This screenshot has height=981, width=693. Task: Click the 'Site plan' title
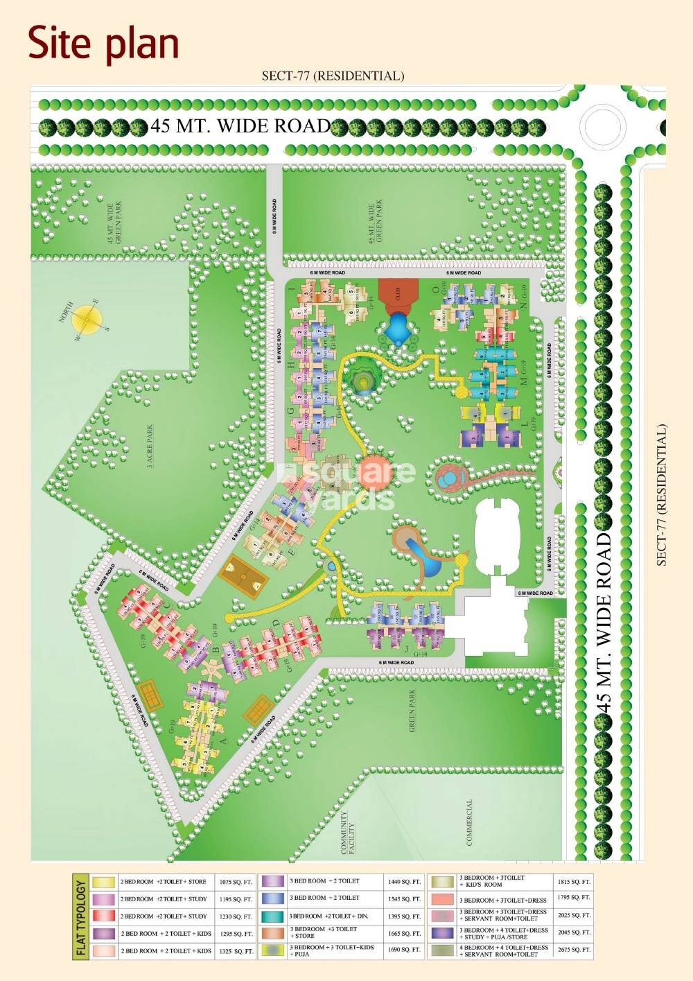tap(104, 43)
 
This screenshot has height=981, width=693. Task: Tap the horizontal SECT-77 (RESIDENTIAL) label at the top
tap(333, 76)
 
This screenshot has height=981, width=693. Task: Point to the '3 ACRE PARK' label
tap(150, 447)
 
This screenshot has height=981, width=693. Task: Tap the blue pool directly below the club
tap(398, 329)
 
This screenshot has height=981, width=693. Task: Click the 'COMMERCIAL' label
tap(469, 822)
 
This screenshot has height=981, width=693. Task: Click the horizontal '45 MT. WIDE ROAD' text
tap(240, 126)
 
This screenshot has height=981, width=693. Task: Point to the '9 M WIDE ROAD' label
tap(275, 216)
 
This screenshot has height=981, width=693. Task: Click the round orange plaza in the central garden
tap(375, 469)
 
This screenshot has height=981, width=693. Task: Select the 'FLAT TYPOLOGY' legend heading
tap(81, 917)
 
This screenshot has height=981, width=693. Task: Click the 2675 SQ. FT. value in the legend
tap(573, 950)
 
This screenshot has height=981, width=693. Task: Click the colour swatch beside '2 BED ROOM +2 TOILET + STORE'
tap(104, 882)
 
